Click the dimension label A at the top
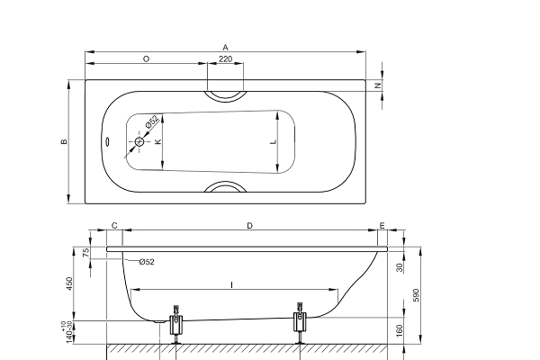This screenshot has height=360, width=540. (x=225, y=47)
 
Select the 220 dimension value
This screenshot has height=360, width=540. (x=226, y=58)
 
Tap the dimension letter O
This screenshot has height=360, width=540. (x=146, y=59)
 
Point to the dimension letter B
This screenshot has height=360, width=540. (x=64, y=141)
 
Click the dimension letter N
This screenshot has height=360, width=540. (x=378, y=85)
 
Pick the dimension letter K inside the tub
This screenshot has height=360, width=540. (x=158, y=141)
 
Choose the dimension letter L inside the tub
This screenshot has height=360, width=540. (x=274, y=141)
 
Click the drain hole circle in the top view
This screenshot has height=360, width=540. (x=139, y=141)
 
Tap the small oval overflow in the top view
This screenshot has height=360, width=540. (x=107, y=141)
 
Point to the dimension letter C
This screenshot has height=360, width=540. (x=114, y=226)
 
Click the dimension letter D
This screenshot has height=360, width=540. (x=249, y=226)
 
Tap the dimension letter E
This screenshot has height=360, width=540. (x=382, y=226)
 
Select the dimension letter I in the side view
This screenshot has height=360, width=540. (x=232, y=285)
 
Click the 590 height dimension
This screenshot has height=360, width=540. (x=417, y=295)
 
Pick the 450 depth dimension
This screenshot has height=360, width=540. (x=69, y=283)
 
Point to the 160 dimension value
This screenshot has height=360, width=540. (x=399, y=330)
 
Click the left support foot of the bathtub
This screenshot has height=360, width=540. (x=176, y=324)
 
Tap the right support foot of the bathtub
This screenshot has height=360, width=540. (x=300, y=323)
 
